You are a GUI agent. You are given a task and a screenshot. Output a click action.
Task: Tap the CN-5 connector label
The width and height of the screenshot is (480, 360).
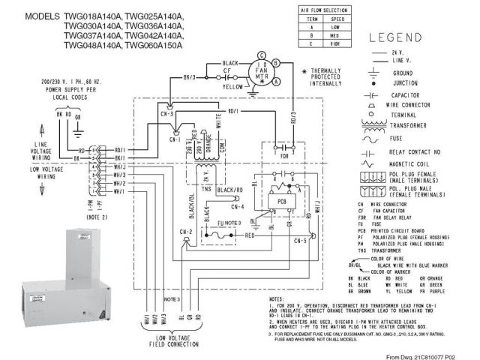point(298,241)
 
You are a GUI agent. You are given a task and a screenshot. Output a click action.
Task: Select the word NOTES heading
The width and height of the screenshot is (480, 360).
point(278,298)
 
